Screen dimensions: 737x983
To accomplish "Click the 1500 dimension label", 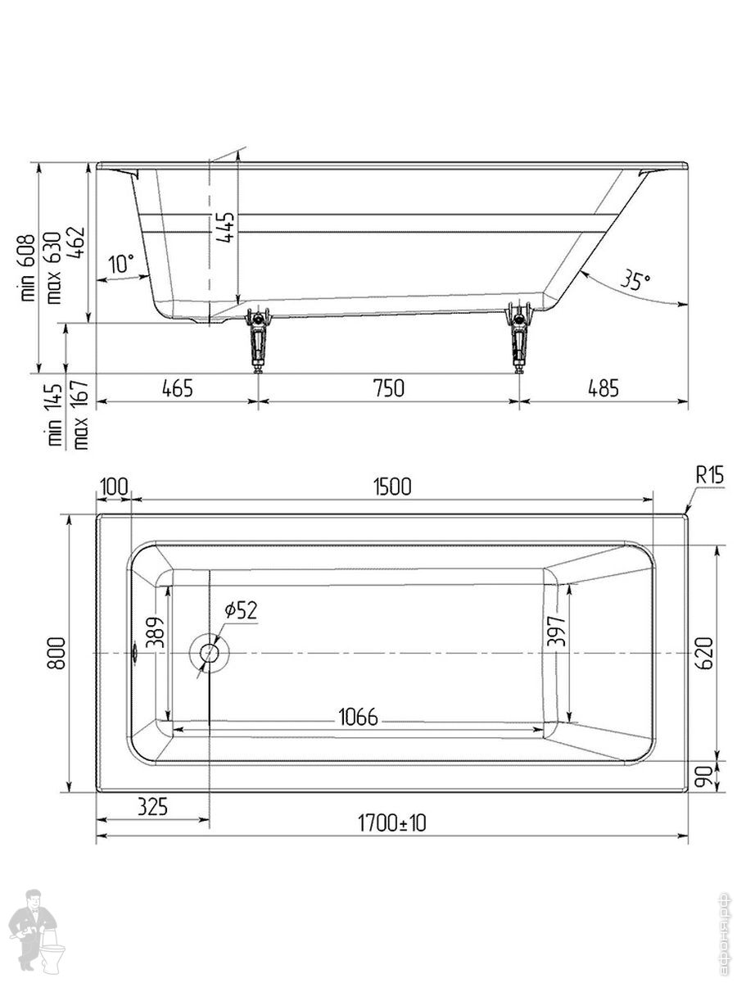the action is tap(392, 487).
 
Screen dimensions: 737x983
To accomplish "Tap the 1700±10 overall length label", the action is tap(391, 822).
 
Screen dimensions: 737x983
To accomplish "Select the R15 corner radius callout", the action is tap(710, 474).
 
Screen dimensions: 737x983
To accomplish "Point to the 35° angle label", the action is tap(635, 280).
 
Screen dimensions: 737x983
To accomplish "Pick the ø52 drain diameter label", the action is tap(242, 610).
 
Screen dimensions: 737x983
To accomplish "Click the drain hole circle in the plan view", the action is tap(210, 653).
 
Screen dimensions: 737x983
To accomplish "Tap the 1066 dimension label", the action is tap(359, 717).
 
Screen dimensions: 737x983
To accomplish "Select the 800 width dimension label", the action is tap(57, 654).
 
